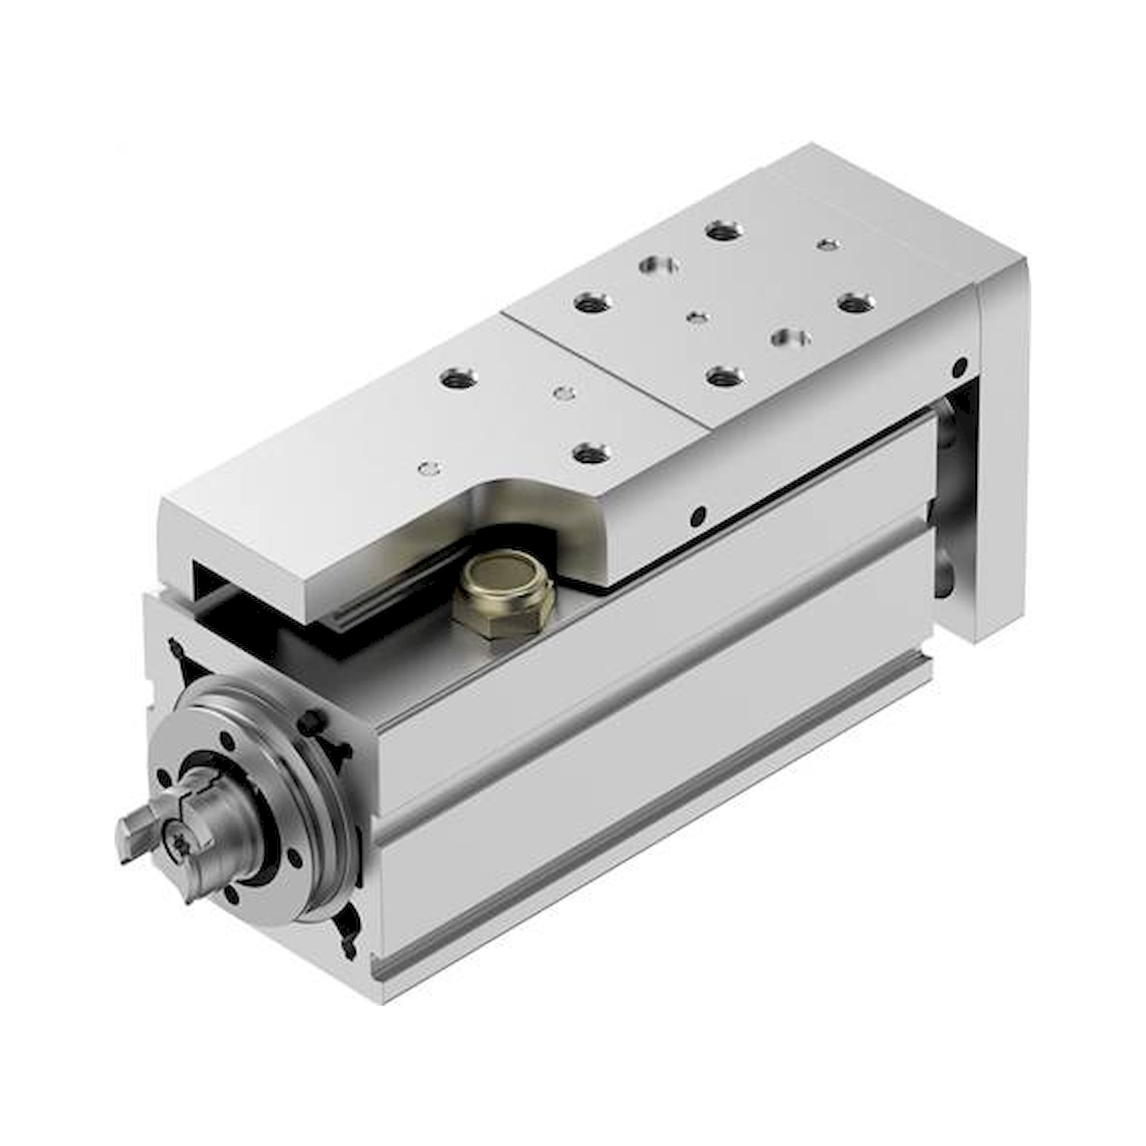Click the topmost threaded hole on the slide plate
click(723, 230)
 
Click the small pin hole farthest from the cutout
click(828, 244)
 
